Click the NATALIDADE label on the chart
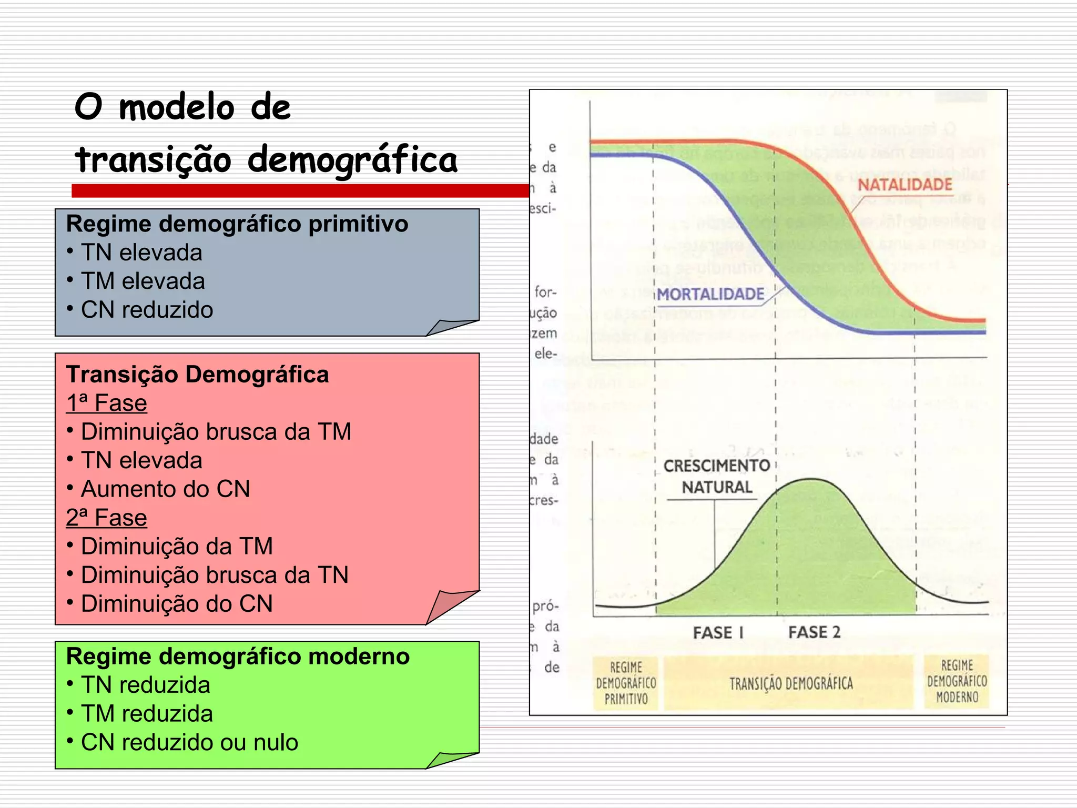click(x=905, y=185)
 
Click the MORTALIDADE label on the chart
click(x=710, y=294)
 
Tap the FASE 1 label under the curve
click(x=718, y=632)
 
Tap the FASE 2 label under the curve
click(x=814, y=632)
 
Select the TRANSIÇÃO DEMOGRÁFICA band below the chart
click(x=790, y=683)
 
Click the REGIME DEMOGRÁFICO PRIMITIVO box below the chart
click(x=626, y=683)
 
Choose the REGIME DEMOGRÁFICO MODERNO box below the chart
click(x=957, y=682)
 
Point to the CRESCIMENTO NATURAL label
click(x=717, y=476)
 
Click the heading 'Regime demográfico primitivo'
click(x=237, y=224)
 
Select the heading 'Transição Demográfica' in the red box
click(x=197, y=375)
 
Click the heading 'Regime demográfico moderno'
click(x=238, y=656)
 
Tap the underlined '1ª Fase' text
click(x=106, y=403)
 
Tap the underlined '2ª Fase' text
click(x=106, y=518)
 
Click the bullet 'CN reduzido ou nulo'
click(x=189, y=742)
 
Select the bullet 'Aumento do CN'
click(x=165, y=489)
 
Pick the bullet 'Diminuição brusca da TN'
click(x=215, y=575)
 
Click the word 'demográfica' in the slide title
click(x=352, y=160)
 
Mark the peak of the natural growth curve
click(x=812, y=479)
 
